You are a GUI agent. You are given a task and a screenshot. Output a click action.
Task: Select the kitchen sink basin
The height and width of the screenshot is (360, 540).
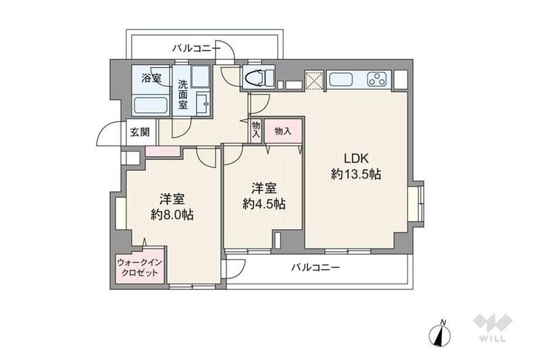click(341, 80)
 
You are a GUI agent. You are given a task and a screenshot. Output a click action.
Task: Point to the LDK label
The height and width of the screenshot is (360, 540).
click(356, 159)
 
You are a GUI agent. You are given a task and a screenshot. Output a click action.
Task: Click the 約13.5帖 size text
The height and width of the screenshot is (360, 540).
click(356, 174)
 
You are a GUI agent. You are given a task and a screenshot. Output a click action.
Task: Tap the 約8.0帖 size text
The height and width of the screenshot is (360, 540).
click(172, 214)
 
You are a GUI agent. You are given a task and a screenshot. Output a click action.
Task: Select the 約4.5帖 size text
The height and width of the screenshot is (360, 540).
click(264, 204)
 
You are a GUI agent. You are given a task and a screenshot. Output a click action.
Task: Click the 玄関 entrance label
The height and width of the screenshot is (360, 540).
click(140, 132)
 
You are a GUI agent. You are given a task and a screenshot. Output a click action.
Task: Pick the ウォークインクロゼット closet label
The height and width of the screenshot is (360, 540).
click(140, 267)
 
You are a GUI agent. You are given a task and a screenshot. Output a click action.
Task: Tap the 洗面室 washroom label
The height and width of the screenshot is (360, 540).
click(183, 95)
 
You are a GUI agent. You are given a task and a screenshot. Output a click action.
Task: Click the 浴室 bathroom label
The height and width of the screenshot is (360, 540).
click(151, 78)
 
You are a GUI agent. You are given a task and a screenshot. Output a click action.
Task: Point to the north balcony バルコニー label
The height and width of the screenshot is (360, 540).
click(196, 48)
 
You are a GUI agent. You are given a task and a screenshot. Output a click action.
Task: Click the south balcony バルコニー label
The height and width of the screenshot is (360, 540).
click(316, 267)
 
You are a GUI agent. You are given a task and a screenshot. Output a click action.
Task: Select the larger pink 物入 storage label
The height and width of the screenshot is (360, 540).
click(283, 131)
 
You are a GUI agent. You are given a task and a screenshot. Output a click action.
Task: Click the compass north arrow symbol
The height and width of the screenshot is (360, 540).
click(440, 333)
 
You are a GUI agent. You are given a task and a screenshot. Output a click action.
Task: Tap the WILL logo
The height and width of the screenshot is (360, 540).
click(492, 328)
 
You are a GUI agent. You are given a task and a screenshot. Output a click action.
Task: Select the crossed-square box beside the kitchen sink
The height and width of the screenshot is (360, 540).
click(314, 80)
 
